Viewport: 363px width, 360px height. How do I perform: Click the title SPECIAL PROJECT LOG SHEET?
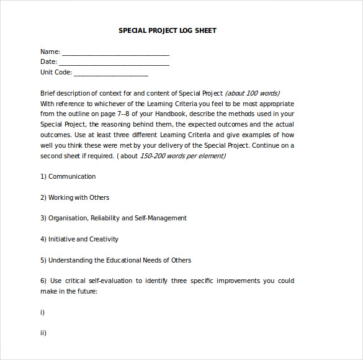pyautogui.click(x=168, y=30)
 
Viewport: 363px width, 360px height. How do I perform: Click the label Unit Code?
pyautogui.click(x=56, y=72)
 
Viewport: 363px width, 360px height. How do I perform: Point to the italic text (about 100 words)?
pyautogui.click(x=252, y=93)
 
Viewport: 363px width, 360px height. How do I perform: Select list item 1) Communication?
pyautogui.click(x=68, y=176)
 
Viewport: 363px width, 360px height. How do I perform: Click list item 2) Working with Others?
pyautogui.click(x=74, y=197)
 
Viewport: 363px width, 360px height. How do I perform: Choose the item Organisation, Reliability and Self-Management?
pyautogui.click(x=117, y=218)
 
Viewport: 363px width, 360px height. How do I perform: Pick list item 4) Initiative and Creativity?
pyautogui.click(x=79, y=239)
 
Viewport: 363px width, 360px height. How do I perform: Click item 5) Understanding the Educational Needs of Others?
pyautogui.click(x=115, y=260)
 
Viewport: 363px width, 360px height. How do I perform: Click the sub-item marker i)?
pyautogui.click(x=43, y=312)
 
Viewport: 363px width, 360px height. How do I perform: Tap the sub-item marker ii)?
pyautogui.click(x=43, y=333)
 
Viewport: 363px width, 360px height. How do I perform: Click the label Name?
pyautogui.click(x=50, y=52)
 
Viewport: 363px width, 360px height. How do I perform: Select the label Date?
pyautogui.click(x=49, y=61)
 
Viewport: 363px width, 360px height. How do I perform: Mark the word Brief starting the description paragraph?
pyautogui.click(x=49, y=93)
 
